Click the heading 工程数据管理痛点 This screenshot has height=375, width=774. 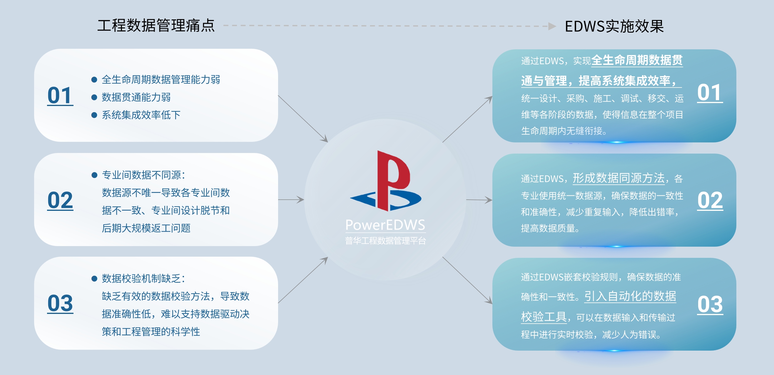[156, 25]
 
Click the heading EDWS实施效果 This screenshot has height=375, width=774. [614, 26]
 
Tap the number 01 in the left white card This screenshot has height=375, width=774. [60, 95]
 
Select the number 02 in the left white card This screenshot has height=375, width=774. [60, 200]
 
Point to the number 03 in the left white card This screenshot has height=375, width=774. [60, 303]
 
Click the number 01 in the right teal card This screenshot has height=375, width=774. [710, 93]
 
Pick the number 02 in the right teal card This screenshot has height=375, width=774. [710, 200]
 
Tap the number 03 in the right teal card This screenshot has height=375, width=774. [710, 305]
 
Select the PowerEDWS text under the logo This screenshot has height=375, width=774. [385, 225]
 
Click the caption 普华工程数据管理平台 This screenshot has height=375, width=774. [385, 241]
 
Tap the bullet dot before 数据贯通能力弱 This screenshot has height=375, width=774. [94, 97]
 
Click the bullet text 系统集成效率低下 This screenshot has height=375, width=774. [141, 115]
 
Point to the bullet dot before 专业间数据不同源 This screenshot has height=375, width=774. [94, 175]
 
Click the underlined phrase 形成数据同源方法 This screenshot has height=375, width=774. [618, 178]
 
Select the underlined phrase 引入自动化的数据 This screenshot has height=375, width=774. [630, 296]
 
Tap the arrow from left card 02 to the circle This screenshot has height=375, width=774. [291, 199]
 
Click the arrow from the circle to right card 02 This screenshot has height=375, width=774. [479, 200]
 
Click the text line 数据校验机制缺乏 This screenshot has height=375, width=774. [143, 278]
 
